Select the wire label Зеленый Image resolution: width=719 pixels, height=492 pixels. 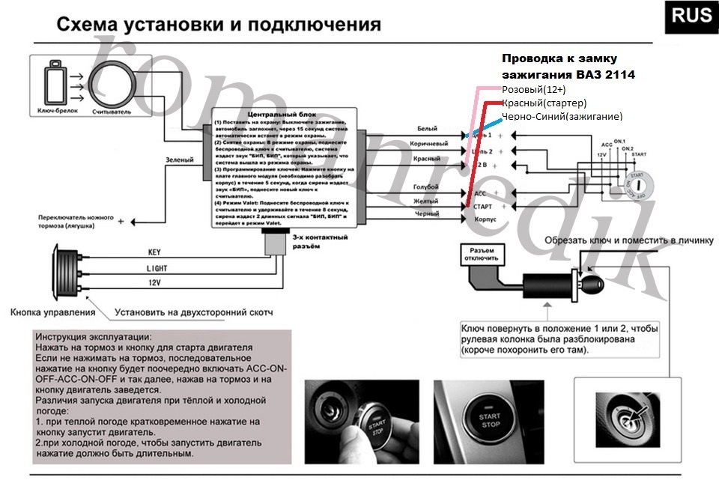180,160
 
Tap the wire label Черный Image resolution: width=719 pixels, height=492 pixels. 427,214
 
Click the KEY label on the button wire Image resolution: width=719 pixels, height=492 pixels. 154,253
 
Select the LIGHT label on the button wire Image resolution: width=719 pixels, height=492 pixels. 157,267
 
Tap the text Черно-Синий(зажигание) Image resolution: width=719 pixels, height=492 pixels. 562,116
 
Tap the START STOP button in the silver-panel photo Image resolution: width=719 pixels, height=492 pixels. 491,420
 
